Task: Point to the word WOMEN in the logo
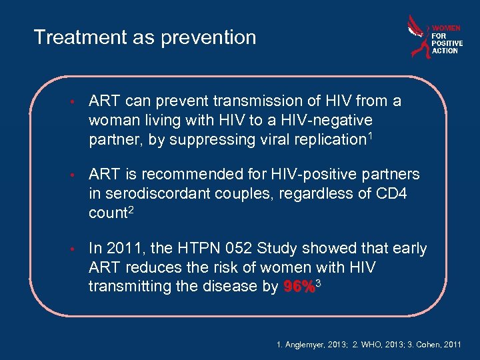point(446,28)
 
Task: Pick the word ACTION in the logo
point(445,51)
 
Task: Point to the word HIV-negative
point(331,121)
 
